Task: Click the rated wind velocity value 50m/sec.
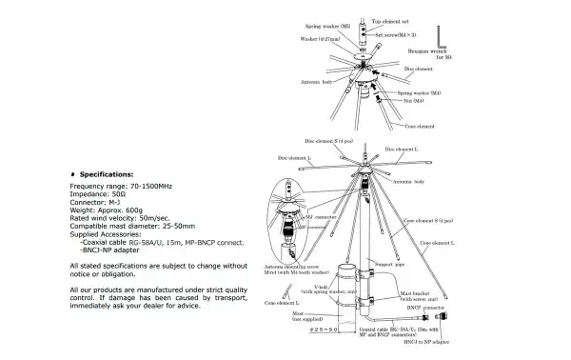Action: tap(171, 219)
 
